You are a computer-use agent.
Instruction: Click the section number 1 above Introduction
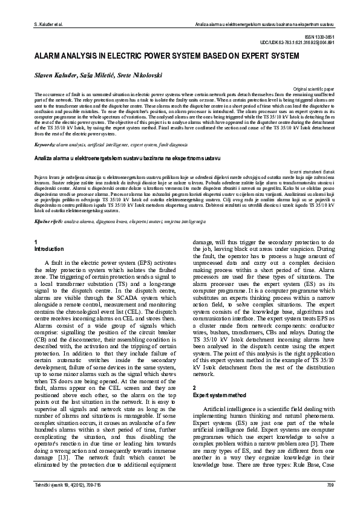click(x=36, y=242)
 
